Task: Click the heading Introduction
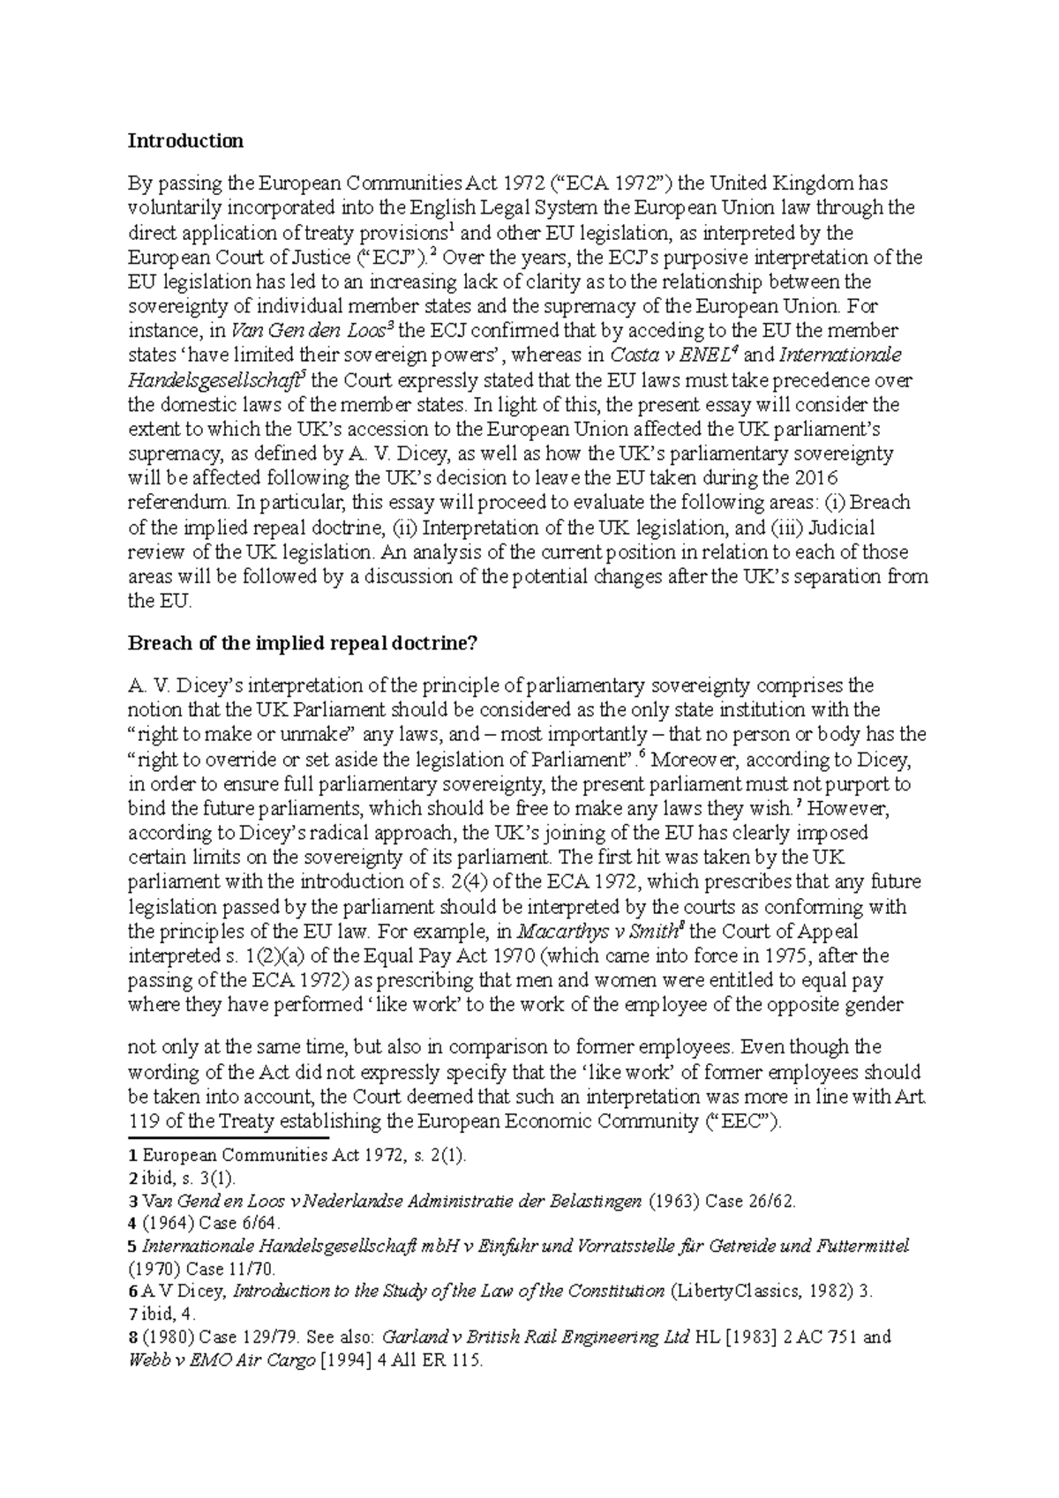(185, 140)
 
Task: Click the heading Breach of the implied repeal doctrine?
(302, 643)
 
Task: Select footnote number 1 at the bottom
(132, 1154)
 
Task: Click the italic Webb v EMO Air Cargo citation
(222, 1361)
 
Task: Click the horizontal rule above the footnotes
(228, 1138)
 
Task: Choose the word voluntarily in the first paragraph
(181, 208)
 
